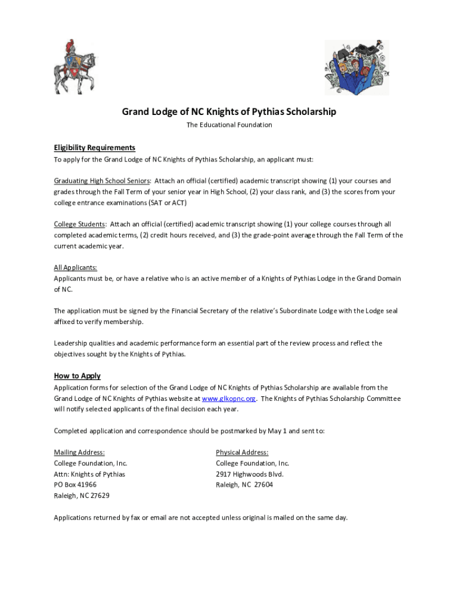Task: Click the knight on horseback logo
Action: click(74, 66)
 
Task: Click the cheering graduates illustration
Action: click(356, 67)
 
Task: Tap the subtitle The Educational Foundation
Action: click(229, 125)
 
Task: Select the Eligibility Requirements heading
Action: click(95, 148)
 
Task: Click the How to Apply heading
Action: click(77, 376)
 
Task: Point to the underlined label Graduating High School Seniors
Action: click(103, 181)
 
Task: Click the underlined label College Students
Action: click(79, 225)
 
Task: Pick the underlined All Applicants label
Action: click(76, 268)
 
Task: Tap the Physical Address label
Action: click(242, 453)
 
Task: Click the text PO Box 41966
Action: click(75, 485)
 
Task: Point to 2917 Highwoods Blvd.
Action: click(250, 474)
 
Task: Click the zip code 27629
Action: click(100, 496)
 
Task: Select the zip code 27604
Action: click(263, 485)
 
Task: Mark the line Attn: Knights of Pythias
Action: click(89, 474)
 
